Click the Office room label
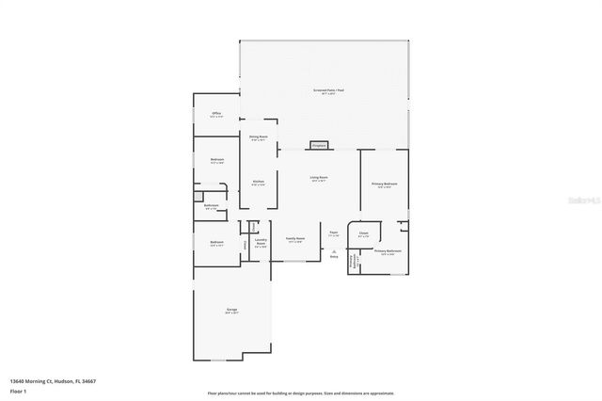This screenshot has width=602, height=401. tap(215, 112)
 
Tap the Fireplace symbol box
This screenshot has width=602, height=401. tap(318, 146)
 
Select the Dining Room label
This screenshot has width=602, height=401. tap(259, 137)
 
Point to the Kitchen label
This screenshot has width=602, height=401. tap(258, 182)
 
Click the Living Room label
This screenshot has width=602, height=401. tap(319, 177)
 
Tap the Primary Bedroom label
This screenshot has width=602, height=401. tap(384, 184)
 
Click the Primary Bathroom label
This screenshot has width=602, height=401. tap(388, 251)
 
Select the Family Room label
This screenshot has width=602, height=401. tap(295, 239)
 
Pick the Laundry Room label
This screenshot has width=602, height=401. tap(261, 241)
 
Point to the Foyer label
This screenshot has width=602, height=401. tap(333, 232)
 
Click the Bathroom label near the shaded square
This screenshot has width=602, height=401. tap(212, 206)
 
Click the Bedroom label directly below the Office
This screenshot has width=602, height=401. tap(216, 161)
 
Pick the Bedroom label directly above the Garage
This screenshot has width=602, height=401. tap(216, 243)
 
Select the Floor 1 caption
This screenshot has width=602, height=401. tap(19, 389)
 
